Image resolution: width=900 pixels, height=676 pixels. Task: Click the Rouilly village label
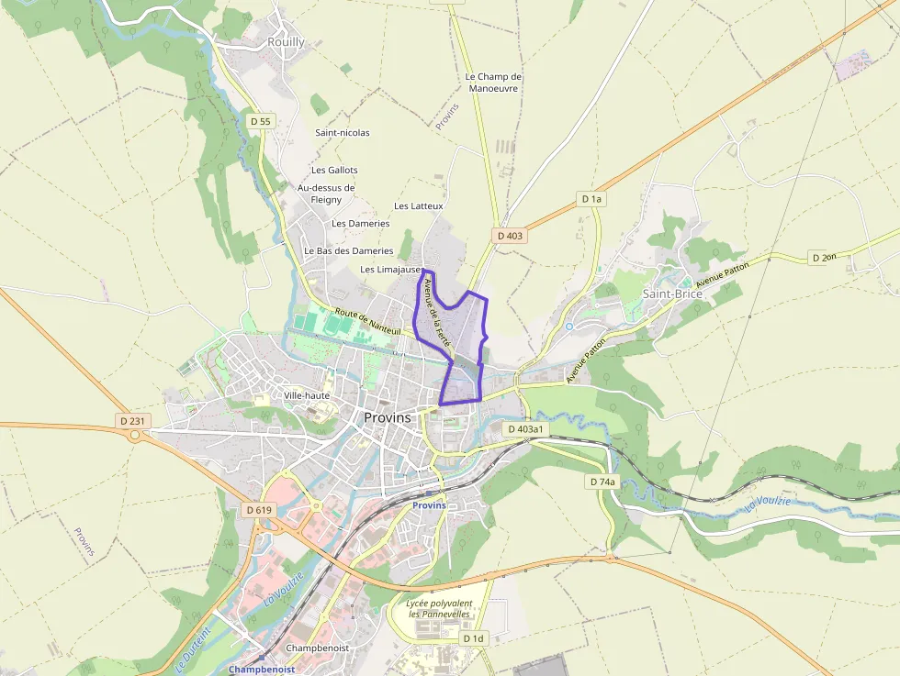pyautogui.click(x=286, y=42)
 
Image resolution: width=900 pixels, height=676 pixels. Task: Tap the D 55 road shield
pyautogui.click(x=261, y=121)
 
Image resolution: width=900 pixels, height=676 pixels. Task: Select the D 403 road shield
pyautogui.click(x=510, y=236)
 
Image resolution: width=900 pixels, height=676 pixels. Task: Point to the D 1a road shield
pyautogui.click(x=591, y=198)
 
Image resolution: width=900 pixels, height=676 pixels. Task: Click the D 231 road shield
pyautogui.click(x=132, y=421)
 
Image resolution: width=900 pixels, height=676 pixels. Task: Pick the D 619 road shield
pyautogui.click(x=261, y=509)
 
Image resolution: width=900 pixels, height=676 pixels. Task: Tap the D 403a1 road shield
pyautogui.click(x=525, y=428)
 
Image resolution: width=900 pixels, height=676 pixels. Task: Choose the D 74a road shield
pyautogui.click(x=602, y=482)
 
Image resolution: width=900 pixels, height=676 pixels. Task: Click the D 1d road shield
pyautogui.click(x=473, y=637)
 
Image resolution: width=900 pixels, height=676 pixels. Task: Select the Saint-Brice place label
pyautogui.click(x=672, y=294)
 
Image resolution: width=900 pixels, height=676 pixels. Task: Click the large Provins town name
pyautogui.click(x=388, y=417)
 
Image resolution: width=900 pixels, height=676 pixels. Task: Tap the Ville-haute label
pyautogui.click(x=307, y=395)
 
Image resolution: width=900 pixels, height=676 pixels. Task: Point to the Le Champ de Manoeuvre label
pyautogui.click(x=493, y=83)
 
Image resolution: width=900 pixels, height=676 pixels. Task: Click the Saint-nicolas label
pyautogui.click(x=343, y=133)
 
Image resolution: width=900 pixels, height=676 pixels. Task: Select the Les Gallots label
pyautogui.click(x=334, y=170)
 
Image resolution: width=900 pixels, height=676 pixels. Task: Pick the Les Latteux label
pyautogui.click(x=419, y=206)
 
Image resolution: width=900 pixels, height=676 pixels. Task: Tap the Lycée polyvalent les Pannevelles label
pyautogui.click(x=440, y=608)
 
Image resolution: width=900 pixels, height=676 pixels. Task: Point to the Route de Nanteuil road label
pyautogui.click(x=366, y=322)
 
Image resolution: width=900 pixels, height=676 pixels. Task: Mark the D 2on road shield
pyautogui.click(x=824, y=258)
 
